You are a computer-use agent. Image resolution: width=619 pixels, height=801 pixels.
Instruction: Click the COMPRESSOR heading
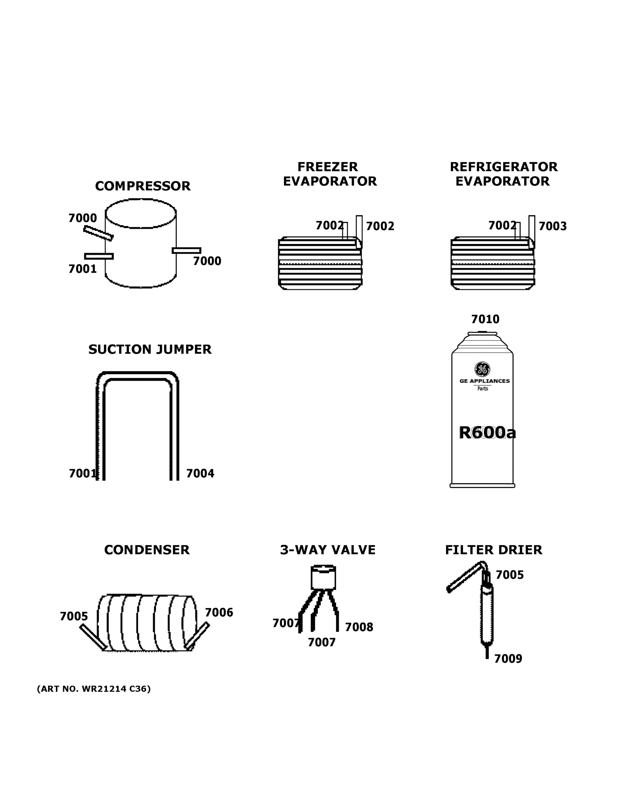[x=142, y=186]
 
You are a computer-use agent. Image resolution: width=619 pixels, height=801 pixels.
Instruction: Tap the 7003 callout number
[x=552, y=226]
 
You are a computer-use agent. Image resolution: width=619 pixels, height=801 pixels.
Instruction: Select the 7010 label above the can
[x=485, y=319]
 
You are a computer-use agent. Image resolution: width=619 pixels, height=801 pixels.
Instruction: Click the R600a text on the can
[x=487, y=433]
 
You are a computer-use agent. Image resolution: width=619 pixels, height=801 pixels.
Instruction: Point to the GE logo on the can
[x=482, y=369]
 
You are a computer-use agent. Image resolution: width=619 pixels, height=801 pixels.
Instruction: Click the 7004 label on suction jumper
[x=200, y=474]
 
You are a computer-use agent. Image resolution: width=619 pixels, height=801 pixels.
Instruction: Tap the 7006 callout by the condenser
[x=219, y=612]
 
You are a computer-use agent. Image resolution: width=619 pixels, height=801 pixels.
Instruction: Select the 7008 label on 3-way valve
[x=359, y=627]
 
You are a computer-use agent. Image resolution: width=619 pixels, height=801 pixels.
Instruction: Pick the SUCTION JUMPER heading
[x=149, y=349]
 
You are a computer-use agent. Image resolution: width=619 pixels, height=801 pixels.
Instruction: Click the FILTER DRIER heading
[x=493, y=550]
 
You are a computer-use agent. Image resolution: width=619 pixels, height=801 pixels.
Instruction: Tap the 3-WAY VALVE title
[x=327, y=550]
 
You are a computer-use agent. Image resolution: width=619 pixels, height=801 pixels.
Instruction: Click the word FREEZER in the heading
[x=327, y=167]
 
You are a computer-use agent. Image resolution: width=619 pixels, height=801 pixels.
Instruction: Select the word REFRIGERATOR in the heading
[x=503, y=167]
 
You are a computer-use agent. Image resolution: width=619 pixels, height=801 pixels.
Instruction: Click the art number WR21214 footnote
[x=94, y=689]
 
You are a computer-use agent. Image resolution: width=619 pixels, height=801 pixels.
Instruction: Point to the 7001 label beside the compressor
[x=82, y=269]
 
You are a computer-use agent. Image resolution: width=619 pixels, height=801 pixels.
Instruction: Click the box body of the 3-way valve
[x=323, y=578]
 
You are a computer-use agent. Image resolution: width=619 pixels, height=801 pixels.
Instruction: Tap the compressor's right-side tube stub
[x=186, y=251]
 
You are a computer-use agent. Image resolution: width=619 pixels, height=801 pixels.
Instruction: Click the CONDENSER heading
[x=147, y=550]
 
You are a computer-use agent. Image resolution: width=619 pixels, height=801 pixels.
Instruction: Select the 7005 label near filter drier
[x=509, y=575]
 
